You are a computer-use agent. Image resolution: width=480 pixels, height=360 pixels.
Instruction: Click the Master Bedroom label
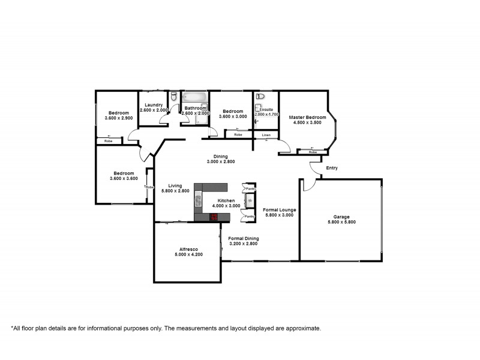307,117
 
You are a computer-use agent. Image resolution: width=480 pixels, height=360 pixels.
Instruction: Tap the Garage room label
341,217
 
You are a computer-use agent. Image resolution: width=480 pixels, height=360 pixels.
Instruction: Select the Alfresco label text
188,248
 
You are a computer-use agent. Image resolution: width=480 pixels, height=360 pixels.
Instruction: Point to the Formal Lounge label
278,209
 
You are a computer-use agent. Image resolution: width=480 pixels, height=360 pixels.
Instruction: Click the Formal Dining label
244,238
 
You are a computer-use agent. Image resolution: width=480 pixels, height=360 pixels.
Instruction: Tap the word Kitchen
226,200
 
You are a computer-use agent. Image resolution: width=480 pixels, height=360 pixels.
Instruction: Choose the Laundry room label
154,105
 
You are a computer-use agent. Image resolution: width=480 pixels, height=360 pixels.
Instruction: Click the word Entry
332,168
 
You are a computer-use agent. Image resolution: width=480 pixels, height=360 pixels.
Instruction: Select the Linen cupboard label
266,136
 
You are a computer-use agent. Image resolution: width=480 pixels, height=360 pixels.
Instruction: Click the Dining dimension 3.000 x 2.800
221,162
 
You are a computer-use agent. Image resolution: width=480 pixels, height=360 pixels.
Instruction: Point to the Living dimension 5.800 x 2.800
175,191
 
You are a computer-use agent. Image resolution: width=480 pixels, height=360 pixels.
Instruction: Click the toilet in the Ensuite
260,96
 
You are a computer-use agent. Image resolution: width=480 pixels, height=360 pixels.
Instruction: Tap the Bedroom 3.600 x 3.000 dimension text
232,117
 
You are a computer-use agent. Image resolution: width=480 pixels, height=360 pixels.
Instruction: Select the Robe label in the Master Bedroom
313,152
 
